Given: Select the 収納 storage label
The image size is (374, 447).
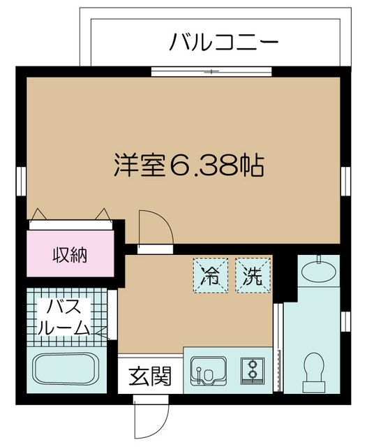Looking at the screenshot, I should [x=70, y=256].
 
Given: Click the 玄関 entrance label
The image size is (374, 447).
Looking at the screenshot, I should [x=149, y=377].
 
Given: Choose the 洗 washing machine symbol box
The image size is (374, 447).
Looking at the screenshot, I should [x=250, y=275].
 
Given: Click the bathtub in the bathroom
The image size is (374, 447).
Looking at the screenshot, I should [x=68, y=371].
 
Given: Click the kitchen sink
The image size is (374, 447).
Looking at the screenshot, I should [x=208, y=372].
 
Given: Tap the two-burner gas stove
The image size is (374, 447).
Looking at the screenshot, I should [x=250, y=369].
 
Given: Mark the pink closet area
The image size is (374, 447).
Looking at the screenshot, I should [x=70, y=256].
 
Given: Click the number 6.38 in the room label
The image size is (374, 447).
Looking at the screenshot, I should [x=202, y=166].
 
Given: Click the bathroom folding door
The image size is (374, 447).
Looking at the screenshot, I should [x=108, y=329].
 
